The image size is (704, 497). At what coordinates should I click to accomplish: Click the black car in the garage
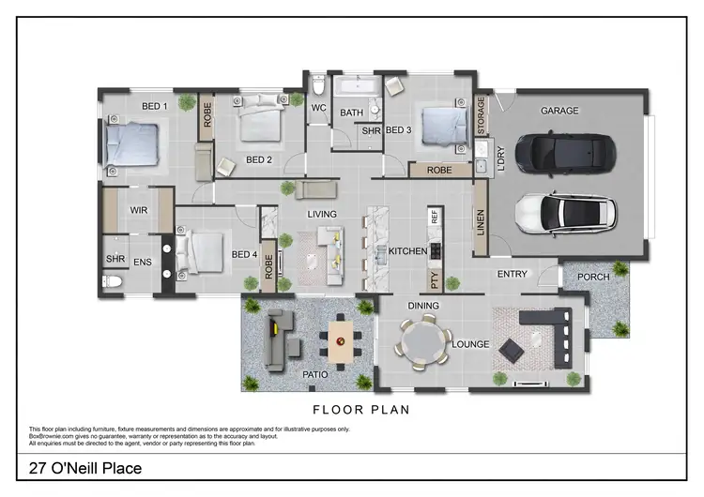tap(562, 150)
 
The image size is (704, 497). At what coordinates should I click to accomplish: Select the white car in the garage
tap(566, 212)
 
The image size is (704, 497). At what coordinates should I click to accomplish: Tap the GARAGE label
tap(559, 111)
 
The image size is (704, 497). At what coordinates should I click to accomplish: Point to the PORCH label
tap(593, 277)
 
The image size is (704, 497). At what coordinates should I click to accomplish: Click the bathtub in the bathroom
tap(357, 91)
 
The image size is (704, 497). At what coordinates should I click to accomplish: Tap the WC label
tap(318, 109)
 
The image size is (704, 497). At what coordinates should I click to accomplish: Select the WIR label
tap(140, 209)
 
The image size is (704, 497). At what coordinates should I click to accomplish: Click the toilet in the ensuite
tap(111, 281)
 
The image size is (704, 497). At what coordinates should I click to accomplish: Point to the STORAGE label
tap(482, 115)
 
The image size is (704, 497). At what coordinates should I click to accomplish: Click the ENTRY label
tap(513, 275)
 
